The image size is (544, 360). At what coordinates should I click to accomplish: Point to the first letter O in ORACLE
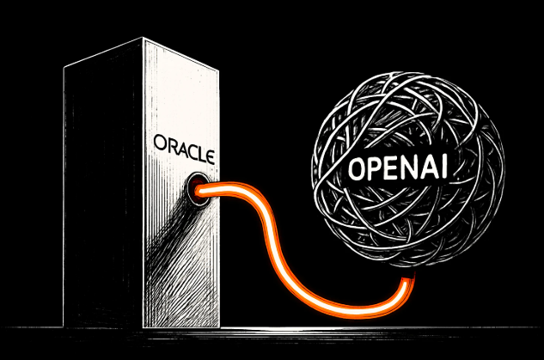point(156,141)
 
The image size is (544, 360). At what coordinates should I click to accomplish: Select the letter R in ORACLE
point(168,142)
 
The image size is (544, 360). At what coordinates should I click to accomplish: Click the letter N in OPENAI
point(406,165)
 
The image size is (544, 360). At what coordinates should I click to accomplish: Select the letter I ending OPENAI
point(443,162)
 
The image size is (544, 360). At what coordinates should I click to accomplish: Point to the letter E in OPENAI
point(389,168)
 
